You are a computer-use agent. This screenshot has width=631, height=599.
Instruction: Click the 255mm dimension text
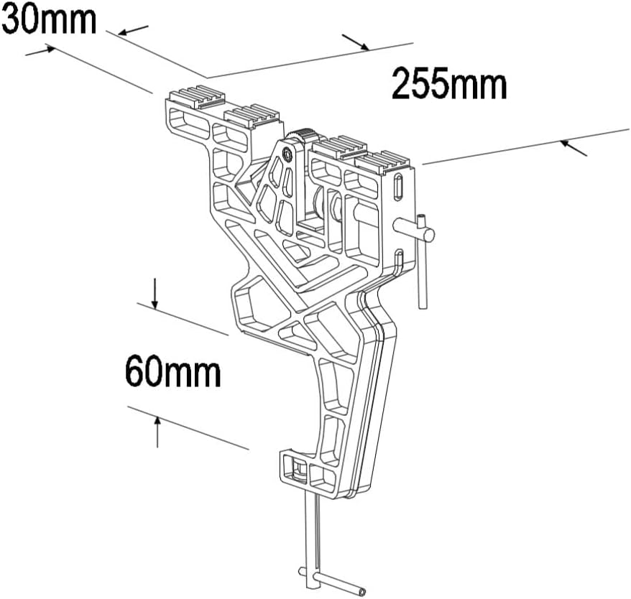tap(449, 85)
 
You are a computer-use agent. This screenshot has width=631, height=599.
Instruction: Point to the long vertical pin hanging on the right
tap(423, 266)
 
